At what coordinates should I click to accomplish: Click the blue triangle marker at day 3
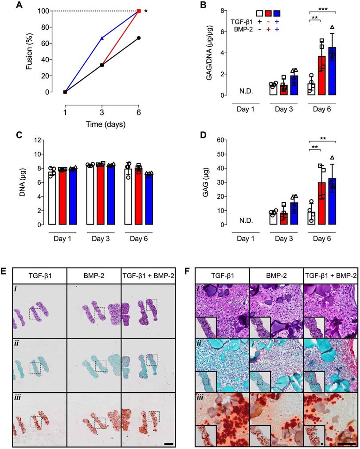point(102,38)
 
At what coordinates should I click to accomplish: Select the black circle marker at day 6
point(139,38)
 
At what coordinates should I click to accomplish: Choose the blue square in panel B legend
point(278,13)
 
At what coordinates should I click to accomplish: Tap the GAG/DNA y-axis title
point(208,51)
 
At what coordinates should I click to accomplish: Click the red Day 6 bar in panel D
point(321,204)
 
